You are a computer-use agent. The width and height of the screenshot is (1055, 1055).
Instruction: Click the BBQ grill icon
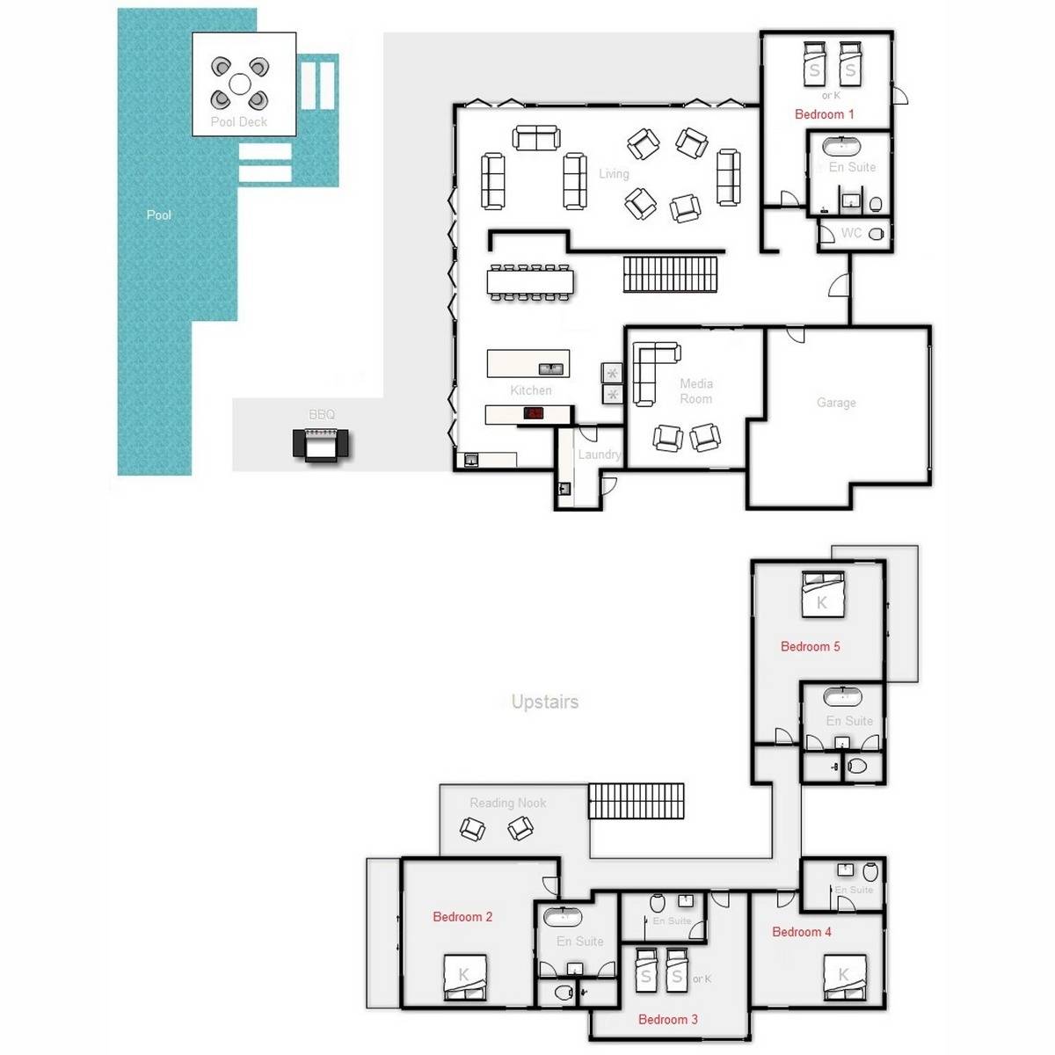[321, 444]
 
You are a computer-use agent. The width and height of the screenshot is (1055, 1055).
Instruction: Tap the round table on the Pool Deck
[240, 84]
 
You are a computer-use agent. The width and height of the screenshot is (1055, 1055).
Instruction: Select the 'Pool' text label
[159, 215]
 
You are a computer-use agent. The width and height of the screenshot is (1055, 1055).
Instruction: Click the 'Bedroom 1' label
[824, 114]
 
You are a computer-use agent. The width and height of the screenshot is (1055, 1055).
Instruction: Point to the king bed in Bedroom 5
[822, 594]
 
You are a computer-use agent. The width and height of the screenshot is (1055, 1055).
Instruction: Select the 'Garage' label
[836, 403]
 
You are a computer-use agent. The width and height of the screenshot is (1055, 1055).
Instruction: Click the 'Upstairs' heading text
[545, 702]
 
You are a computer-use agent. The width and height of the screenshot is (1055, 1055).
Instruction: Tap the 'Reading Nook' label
[507, 803]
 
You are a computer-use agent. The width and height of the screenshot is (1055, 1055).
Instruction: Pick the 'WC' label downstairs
[851, 234]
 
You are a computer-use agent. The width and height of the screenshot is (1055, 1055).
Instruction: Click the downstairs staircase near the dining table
[671, 273]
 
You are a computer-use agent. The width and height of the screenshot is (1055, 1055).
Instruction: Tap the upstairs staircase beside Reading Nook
[636, 801]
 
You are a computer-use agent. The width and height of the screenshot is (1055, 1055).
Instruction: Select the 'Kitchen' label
[531, 390]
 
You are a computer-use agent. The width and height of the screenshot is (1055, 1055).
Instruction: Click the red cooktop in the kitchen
[536, 413]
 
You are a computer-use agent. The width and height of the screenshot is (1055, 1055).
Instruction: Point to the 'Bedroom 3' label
[668, 1020]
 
